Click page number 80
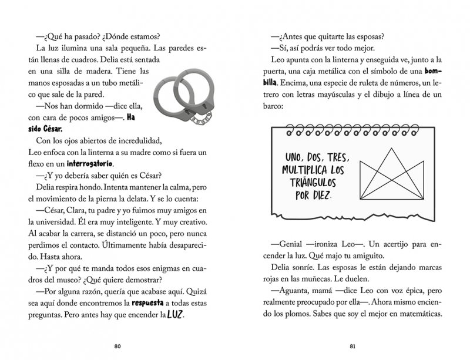[117, 345]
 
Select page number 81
[352, 345]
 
